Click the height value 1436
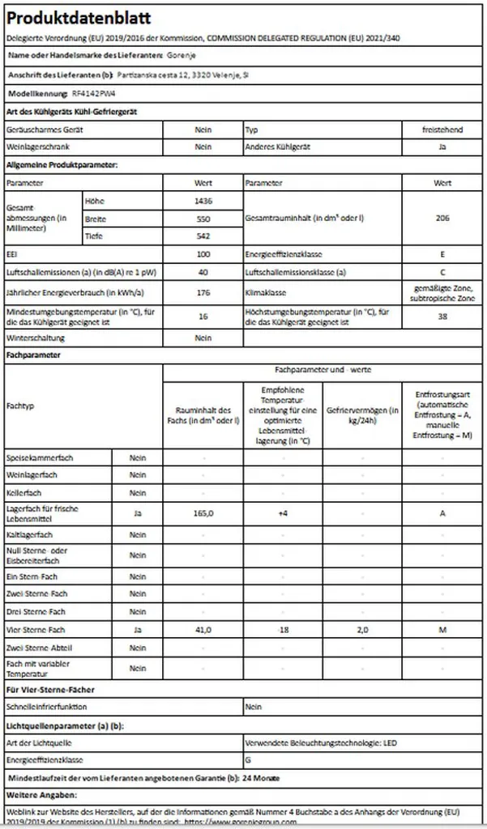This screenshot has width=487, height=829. pyautogui.click(x=203, y=201)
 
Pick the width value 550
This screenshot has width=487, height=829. pyautogui.click(x=203, y=219)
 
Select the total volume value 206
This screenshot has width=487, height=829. pyautogui.click(x=442, y=219)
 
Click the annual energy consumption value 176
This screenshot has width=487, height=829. pyautogui.click(x=203, y=293)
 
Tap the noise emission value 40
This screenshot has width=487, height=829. pyautogui.click(x=203, y=272)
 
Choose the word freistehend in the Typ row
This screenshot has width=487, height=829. pyautogui.click(x=442, y=130)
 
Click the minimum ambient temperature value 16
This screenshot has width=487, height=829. pyautogui.click(x=203, y=316)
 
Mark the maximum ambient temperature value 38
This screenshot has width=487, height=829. pyautogui.click(x=442, y=316)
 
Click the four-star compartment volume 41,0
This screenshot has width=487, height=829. pyautogui.click(x=203, y=629)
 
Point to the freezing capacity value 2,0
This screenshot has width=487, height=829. pyautogui.click(x=363, y=629)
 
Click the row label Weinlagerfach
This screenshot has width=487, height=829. pyautogui.click(x=32, y=474)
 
